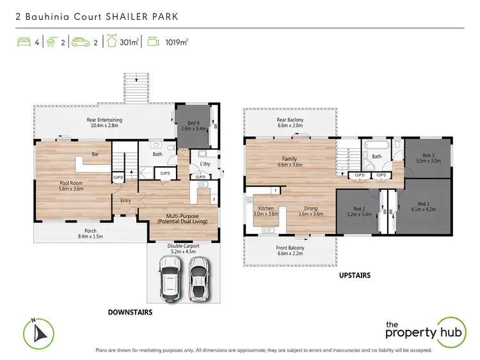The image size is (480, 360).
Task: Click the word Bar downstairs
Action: tap(95, 154)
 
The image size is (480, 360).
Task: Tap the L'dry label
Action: tap(205, 165)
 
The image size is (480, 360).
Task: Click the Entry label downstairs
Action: tap(125, 201)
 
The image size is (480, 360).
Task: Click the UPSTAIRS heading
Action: tap(350, 276)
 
